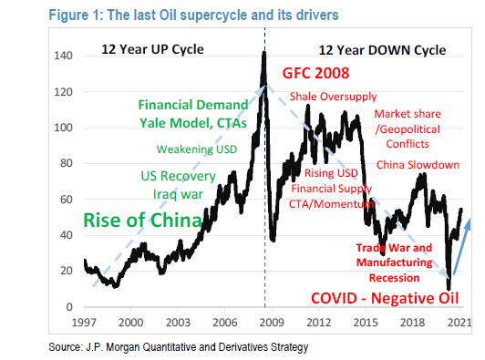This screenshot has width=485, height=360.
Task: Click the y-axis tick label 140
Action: click(63, 57)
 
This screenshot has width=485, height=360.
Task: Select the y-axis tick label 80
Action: click(66, 164)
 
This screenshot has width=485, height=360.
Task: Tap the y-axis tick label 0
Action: click(68, 307)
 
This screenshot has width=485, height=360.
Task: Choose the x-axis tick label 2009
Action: click(268, 322)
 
